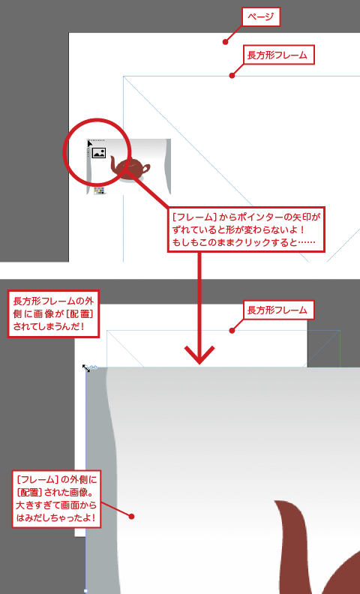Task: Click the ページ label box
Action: click(x=261, y=17)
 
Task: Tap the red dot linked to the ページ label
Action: click(x=226, y=42)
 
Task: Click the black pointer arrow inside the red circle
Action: click(x=90, y=143)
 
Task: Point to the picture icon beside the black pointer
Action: click(x=99, y=153)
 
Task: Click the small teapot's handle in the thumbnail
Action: click(x=146, y=168)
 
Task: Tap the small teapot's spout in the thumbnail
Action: click(x=113, y=166)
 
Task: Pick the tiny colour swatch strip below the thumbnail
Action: click(x=99, y=190)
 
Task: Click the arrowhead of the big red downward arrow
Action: click(x=199, y=355)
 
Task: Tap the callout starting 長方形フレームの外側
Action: click(x=53, y=313)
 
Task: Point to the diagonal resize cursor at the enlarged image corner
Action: click(x=86, y=367)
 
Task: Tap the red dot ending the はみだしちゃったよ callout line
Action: click(x=131, y=516)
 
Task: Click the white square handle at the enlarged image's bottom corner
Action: click(x=85, y=591)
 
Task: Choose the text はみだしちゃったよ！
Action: click(x=56, y=517)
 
